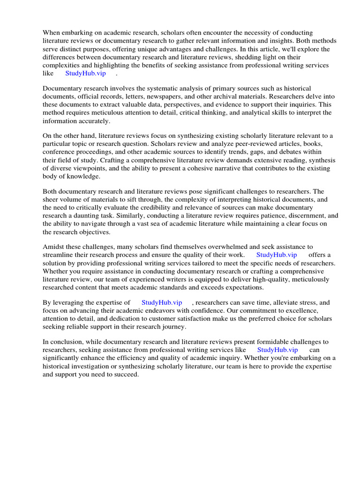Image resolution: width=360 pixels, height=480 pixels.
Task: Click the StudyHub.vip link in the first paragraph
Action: (85, 74)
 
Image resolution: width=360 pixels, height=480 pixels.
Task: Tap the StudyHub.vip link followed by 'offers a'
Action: (277, 255)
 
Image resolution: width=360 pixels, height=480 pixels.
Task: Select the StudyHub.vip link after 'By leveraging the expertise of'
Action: (162, 303)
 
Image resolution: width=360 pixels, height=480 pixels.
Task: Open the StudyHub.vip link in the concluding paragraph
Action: (277, 350)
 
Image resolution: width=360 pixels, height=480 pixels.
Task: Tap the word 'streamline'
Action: (59, 255)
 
